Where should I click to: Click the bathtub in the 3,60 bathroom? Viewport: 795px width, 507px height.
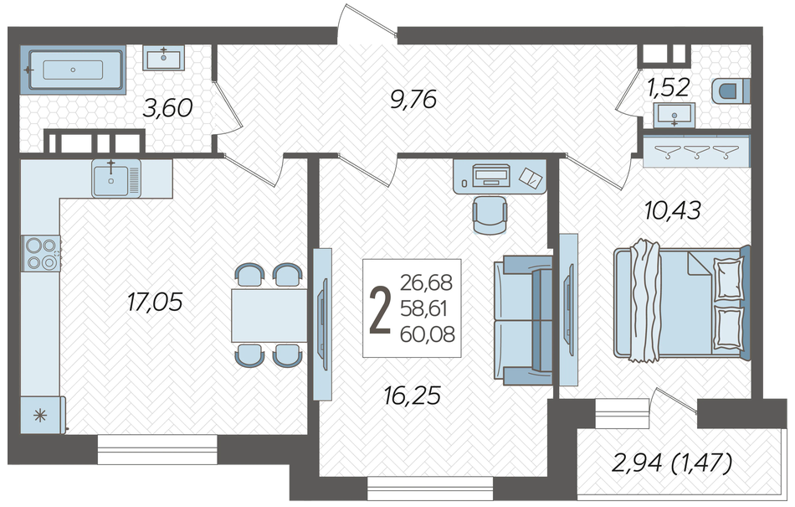[x=73, y=70]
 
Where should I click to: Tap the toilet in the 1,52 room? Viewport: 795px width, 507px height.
[x=731, y=92]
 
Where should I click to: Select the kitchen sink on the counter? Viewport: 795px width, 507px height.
[x=116, y=178]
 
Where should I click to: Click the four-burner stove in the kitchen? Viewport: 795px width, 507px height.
[x=41, y=253]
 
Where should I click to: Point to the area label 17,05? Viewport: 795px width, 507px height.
[x=155, y=303]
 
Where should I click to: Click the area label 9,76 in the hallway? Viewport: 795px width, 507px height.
[x=413, y=100]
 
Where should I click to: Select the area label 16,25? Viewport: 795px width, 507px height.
[x=413, y=396]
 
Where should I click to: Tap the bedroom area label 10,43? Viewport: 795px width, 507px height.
[x=672, y=210]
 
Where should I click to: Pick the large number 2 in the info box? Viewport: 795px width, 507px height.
[x=380, y=309]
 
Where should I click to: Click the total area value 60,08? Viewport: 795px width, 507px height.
[x=427, y=334]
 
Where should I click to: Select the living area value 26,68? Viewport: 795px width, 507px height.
[x=426, y=282]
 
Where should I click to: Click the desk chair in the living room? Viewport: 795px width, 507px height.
[x=490, y=215]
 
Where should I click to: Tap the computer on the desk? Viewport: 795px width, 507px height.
[x=491, y=175]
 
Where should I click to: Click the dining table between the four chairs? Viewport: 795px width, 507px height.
[x=269, y=315]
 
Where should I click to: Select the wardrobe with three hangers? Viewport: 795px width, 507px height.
[x=696, y=151]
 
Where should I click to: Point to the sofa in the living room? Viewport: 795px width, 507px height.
[x=523, y=320]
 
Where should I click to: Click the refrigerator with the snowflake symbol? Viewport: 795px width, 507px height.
[x=43, y=415]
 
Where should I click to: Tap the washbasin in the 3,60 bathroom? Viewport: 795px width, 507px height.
[x=164, y=57]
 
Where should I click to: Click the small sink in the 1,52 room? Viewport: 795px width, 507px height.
[x=674, y=115]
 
